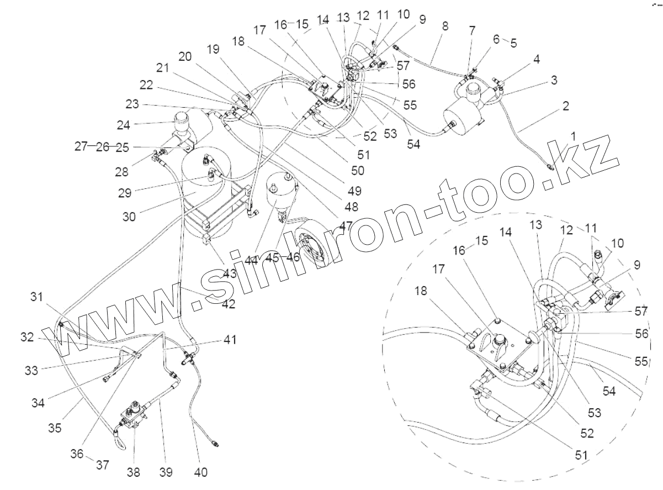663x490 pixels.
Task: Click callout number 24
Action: tap(124, 125)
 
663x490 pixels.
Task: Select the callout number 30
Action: tap(129, 217)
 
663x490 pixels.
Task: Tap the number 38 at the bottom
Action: tap(133, 472)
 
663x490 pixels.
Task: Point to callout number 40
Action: tap(200, 472)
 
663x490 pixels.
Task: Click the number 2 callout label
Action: tap(565, 106)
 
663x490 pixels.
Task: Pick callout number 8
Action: tap(445, 26)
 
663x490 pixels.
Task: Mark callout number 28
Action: tap(121, 172)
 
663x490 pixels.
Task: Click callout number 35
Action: tap(55, 428)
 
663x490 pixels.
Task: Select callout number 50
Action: tap(358, 171)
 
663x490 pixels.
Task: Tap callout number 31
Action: tap(37, 297)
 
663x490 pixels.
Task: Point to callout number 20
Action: tap(185, 56)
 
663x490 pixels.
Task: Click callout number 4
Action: tap(537, 59)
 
